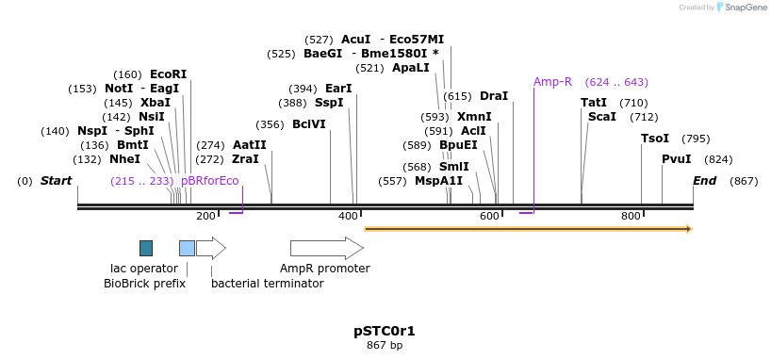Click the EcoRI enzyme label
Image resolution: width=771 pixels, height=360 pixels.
point(168,74)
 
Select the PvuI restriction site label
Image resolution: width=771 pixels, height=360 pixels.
point(677,159)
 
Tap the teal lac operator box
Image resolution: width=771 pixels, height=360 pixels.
point(146,249)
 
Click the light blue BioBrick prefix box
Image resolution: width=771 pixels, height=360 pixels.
point(187,249)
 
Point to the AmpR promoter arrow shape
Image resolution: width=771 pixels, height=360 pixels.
point(327,249)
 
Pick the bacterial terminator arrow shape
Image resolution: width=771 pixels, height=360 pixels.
point(211,249)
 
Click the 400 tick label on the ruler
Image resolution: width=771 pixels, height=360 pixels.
point(348,216)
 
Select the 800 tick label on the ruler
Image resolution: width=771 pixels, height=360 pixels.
point(631,216)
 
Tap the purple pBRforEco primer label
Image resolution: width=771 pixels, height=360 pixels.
point(210,181)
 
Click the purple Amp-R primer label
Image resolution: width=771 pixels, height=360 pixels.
point(553,82)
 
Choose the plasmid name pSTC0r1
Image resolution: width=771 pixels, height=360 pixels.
point(385,331)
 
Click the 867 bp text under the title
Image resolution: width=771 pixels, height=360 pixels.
point(385,345)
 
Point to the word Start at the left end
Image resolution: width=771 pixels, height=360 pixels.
point(56,181)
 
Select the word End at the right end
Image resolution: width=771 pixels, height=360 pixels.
point(705,181)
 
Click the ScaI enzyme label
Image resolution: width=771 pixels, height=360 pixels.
point(602,117)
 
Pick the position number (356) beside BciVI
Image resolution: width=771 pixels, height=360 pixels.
point(271,124)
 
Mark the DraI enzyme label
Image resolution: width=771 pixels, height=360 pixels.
point(494,96)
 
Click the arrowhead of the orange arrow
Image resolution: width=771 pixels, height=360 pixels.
point(689,229)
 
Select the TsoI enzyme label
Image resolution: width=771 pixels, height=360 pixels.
point(655,139)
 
